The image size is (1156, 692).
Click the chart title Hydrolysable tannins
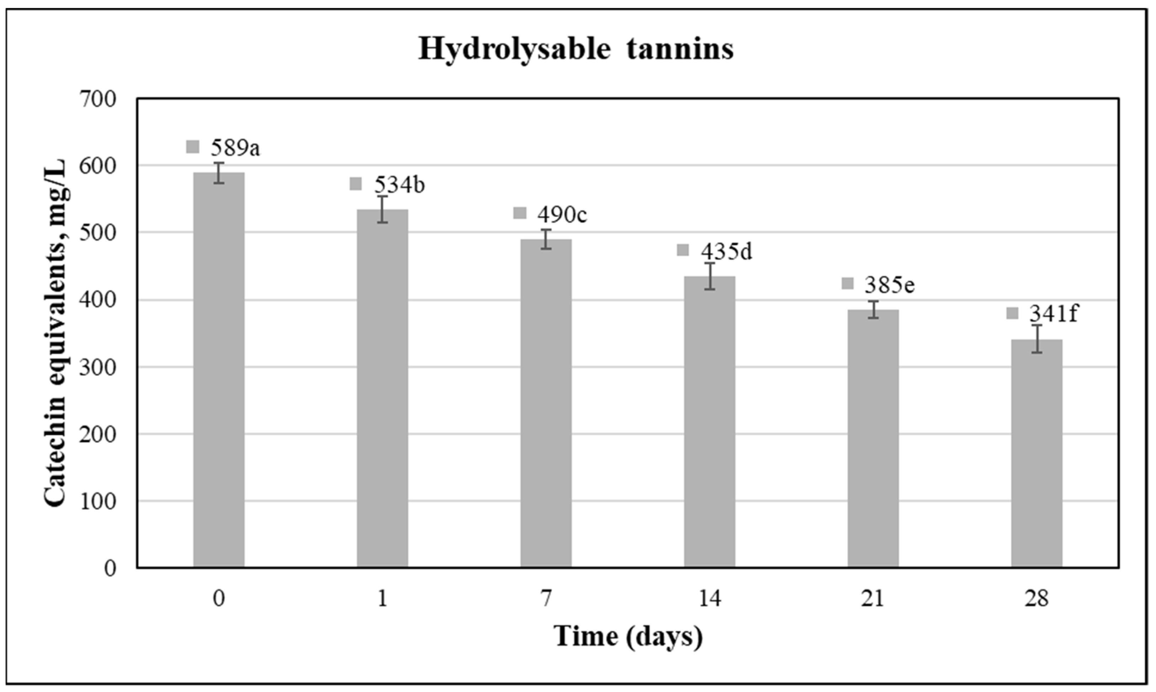point(576,49)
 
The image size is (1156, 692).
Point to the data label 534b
point(399,185)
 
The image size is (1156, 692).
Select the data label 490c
point(562,215)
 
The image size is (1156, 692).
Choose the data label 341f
point(1053,314)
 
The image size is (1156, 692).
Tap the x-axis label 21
point(873,598)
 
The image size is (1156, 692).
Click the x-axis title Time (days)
point(628,636)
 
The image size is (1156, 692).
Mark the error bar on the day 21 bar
point(873,309)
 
